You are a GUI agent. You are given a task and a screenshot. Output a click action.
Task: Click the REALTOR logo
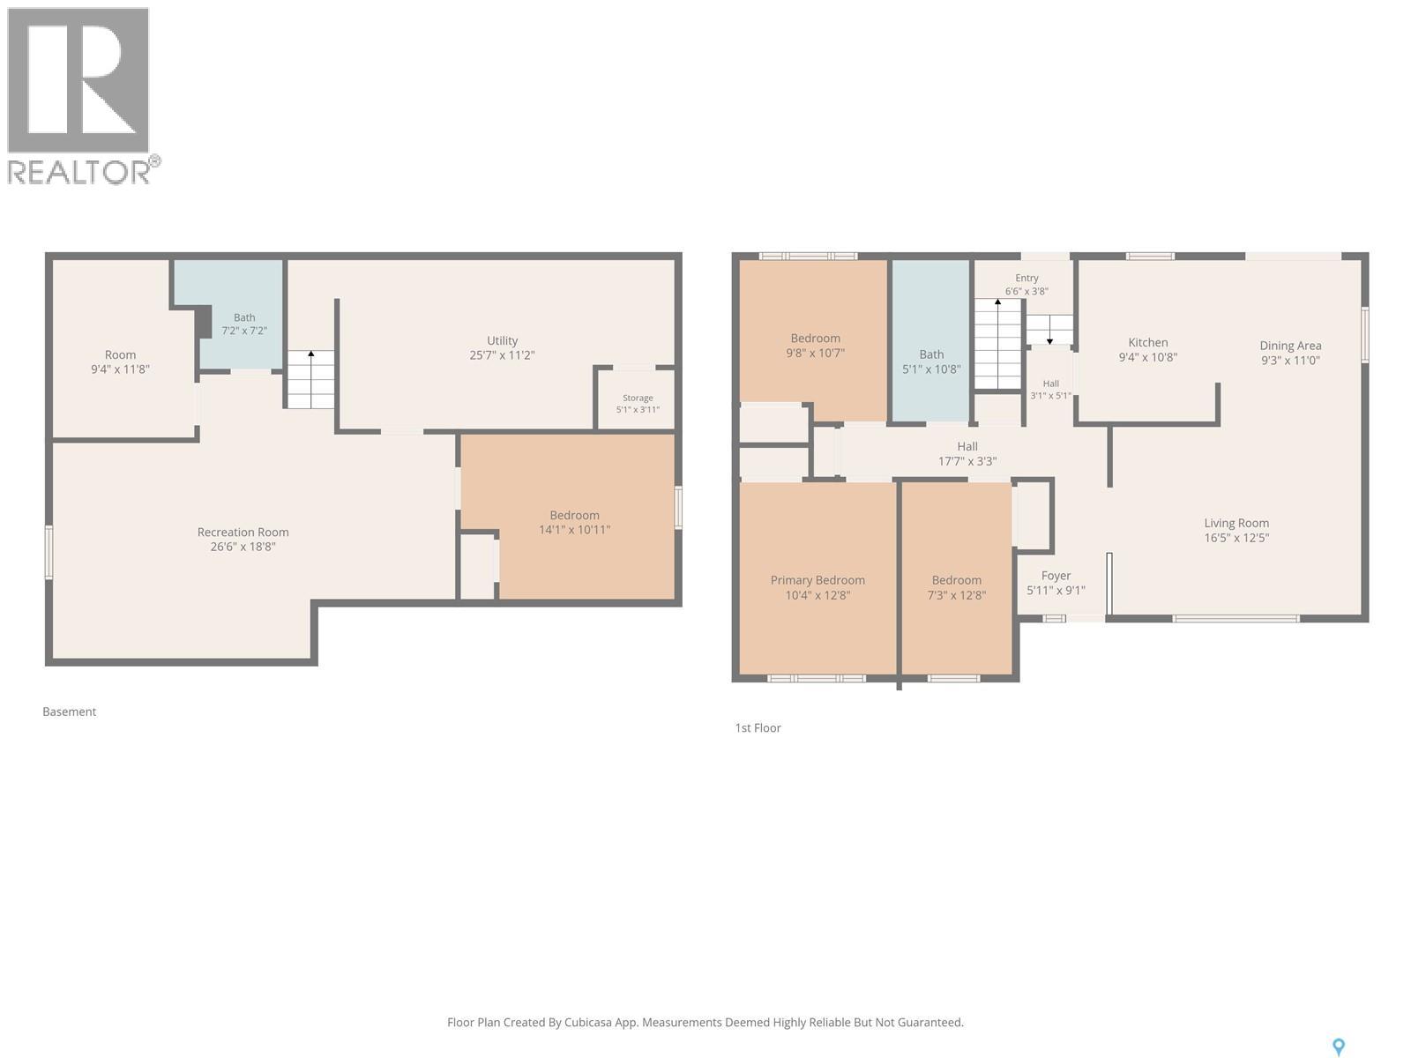coord(84,96)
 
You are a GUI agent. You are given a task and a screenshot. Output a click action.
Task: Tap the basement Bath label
coord(244,317)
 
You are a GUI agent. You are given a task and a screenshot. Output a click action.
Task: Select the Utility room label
coord(502,340)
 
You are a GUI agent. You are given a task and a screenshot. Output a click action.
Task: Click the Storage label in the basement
coord(638,398)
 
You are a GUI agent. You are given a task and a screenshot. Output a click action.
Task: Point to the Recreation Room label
coord(243,532)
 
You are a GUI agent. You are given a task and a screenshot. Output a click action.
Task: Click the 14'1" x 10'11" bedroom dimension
coord(575,529)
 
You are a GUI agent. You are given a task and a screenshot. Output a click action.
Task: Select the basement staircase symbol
coord(310,379)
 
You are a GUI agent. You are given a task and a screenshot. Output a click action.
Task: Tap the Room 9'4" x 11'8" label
coord(120,361)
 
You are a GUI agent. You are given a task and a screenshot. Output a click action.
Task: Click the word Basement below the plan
coord(70,712)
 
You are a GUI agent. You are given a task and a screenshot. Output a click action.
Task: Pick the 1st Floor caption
coord(758,728)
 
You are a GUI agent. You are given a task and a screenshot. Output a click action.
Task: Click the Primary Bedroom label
coord(817,580)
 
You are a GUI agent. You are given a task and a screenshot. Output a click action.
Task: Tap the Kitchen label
coord(1148,342)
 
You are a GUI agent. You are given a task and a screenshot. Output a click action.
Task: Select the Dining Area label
coord(1290,346)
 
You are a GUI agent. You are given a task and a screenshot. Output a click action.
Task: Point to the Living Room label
coord(1236,523)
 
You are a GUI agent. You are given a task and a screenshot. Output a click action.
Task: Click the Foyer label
coord(1056,576)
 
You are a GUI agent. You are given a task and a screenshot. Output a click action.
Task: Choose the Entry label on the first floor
coord(1027,278)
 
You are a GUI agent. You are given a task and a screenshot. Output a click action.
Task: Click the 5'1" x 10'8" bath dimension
coord(931,369)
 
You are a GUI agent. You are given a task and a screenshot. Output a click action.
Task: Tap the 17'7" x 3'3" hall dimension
coord(967,460)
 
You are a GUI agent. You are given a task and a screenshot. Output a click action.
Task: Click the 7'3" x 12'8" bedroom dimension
coord(957,595)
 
